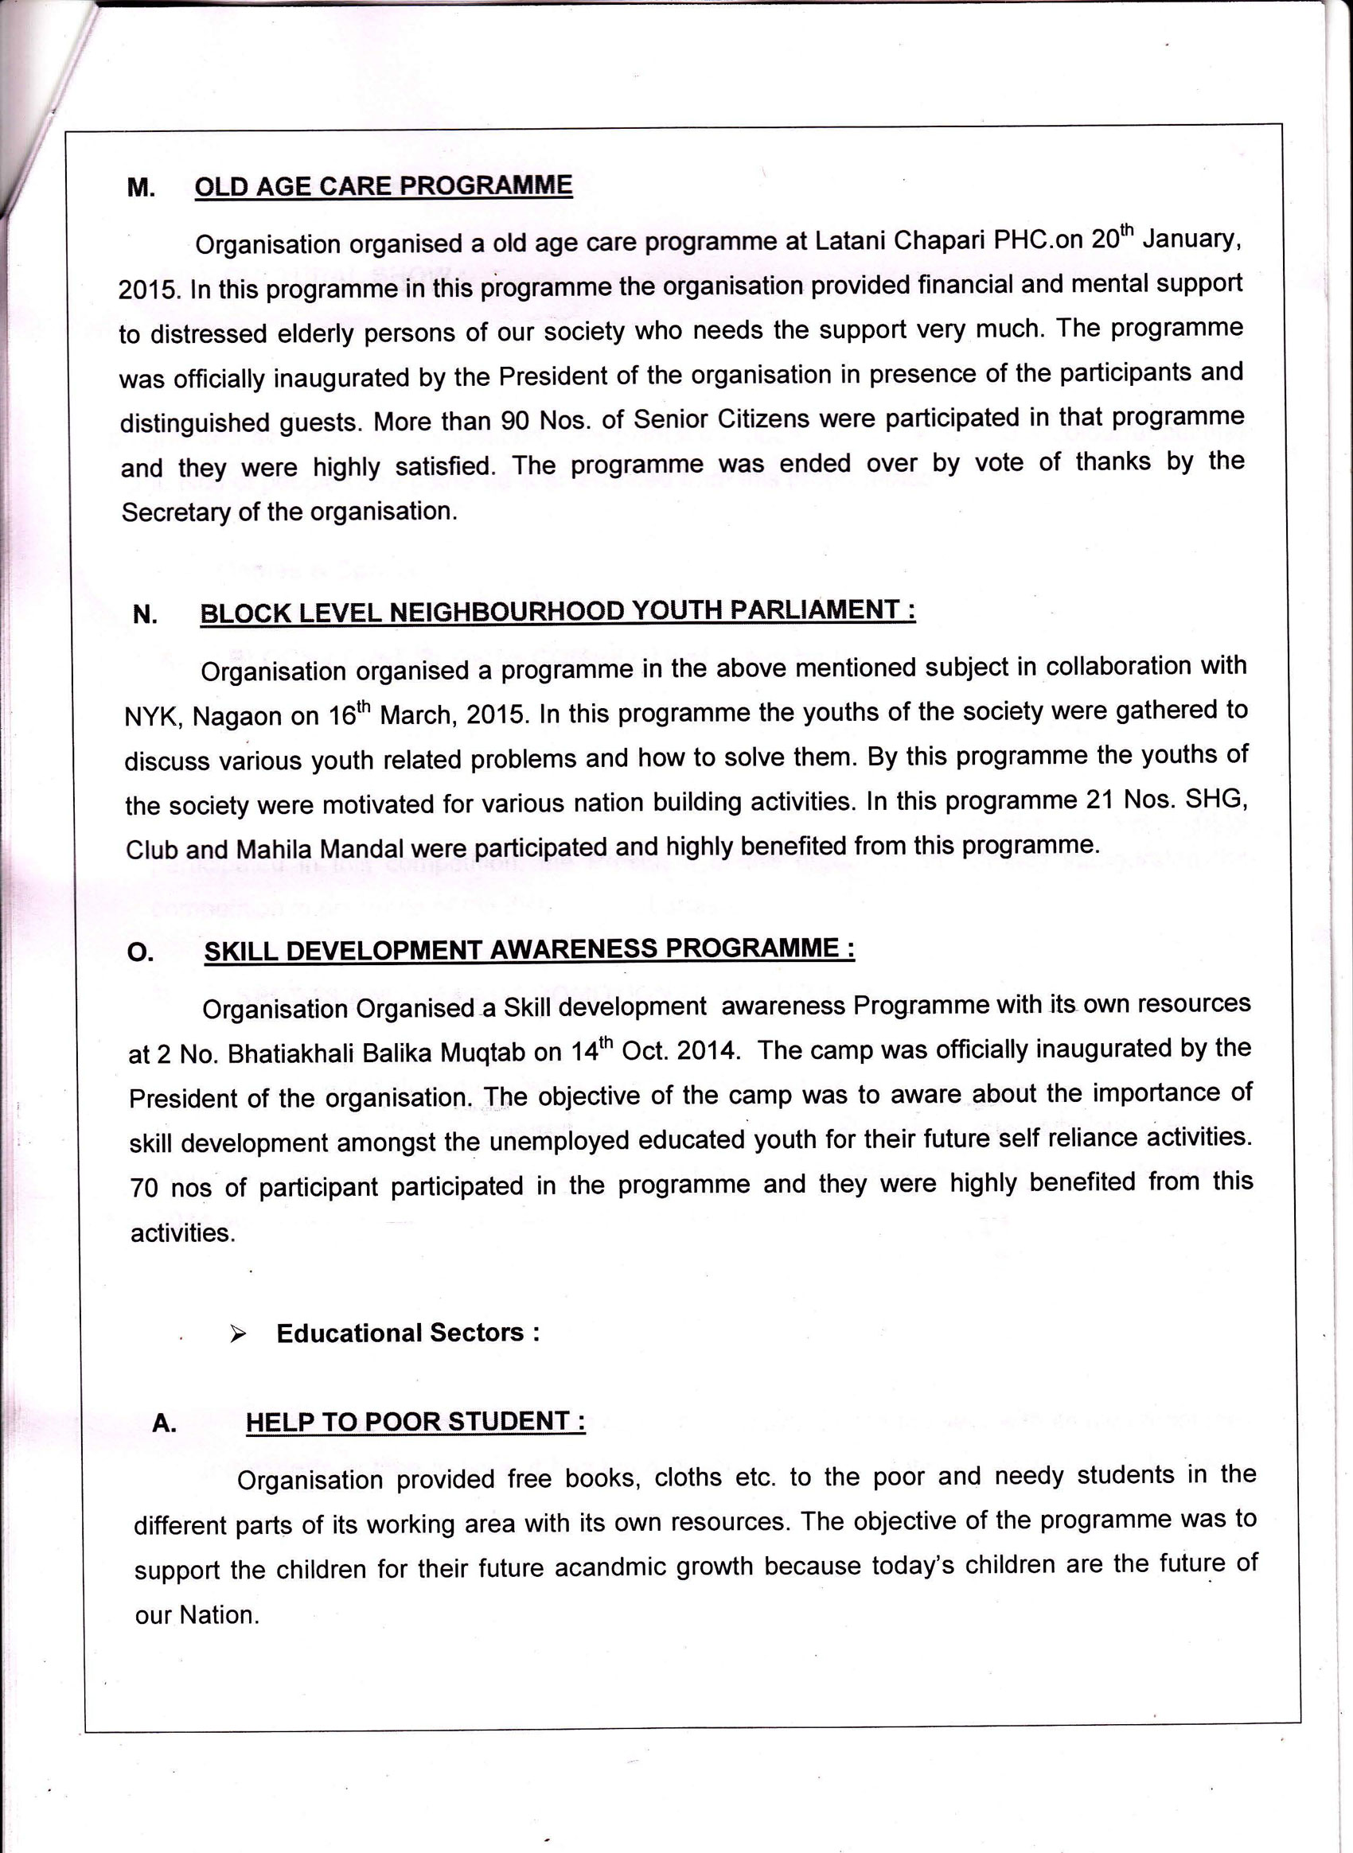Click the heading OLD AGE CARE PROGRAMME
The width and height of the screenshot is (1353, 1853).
(x=384, y=186)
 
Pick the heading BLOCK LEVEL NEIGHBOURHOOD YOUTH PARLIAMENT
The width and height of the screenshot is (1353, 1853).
(x=557, y=612)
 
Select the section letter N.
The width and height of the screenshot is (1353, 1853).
(x=144, y=614)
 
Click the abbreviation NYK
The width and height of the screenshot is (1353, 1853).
(x=149, y=718)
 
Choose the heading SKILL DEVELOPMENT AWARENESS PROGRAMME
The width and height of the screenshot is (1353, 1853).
(x=529, y=949)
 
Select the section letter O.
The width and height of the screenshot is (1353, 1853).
(x=140, y=952)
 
